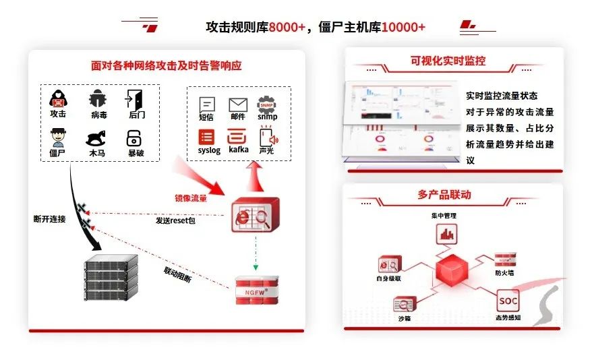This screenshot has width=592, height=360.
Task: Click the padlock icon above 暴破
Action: click(134, 138)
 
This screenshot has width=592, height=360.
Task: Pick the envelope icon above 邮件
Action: click(237, 104)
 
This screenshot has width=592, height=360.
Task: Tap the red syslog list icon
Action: click(207, 138)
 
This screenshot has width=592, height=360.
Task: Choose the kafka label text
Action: click(238, 150)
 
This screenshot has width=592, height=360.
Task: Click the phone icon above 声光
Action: click(268, 138)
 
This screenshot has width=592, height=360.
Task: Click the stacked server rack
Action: click(111, 278)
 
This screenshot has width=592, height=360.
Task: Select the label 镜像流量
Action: click(191, 198)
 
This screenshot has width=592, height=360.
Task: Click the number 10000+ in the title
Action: click(403, 28)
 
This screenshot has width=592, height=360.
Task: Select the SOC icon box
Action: click(508, 299)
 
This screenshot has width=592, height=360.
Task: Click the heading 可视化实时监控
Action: click(448, 61)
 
